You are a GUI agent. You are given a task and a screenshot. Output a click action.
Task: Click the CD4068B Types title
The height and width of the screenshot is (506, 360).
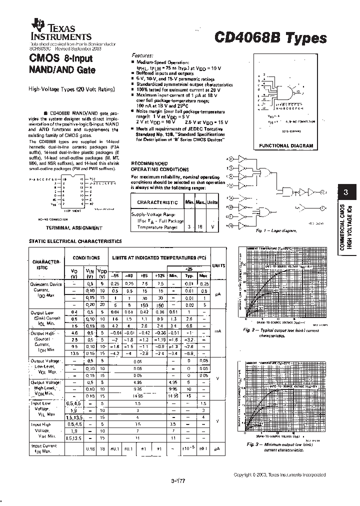tap(270, 38)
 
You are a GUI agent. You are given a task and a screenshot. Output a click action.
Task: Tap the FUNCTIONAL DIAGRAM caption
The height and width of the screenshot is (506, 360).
tap(286, 145)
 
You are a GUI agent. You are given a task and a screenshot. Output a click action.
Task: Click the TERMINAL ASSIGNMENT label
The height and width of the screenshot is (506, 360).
tap(73, 227)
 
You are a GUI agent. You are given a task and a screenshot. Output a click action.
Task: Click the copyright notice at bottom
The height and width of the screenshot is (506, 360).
tap(280, 474)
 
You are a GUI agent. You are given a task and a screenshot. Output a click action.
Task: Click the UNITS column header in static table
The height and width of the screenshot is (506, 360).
tap(219, 265)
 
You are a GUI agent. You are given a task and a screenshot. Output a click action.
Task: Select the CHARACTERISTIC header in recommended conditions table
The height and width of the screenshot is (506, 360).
tap(157, 202)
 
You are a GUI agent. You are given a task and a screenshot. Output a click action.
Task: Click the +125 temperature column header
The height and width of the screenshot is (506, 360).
tap(160, 275)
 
